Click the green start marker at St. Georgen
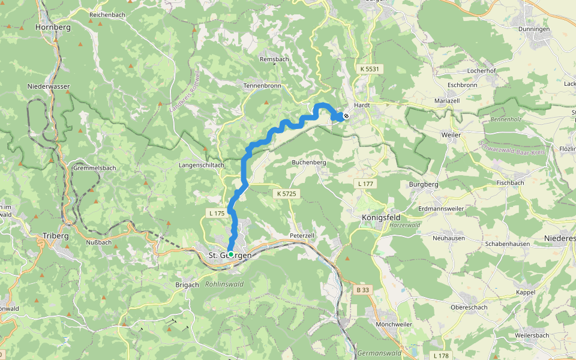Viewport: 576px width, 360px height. tap(230, 254)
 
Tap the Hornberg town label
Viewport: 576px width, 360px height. tap(53, 28)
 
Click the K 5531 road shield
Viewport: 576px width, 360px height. tap(370, 70)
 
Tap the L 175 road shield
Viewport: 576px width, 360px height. tap(217, 213)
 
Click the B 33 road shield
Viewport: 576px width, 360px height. tap(363, 290)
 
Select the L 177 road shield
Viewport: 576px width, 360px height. tap(364, 183)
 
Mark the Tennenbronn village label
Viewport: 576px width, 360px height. tap(262, 86)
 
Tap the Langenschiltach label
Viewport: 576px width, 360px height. tap(202, 165)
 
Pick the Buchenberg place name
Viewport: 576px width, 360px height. tap(308, 163)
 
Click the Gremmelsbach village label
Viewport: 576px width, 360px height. tap(94, 168)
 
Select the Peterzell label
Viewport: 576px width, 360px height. tap(302, 236)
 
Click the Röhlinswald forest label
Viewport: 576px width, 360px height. tap(224, 284)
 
